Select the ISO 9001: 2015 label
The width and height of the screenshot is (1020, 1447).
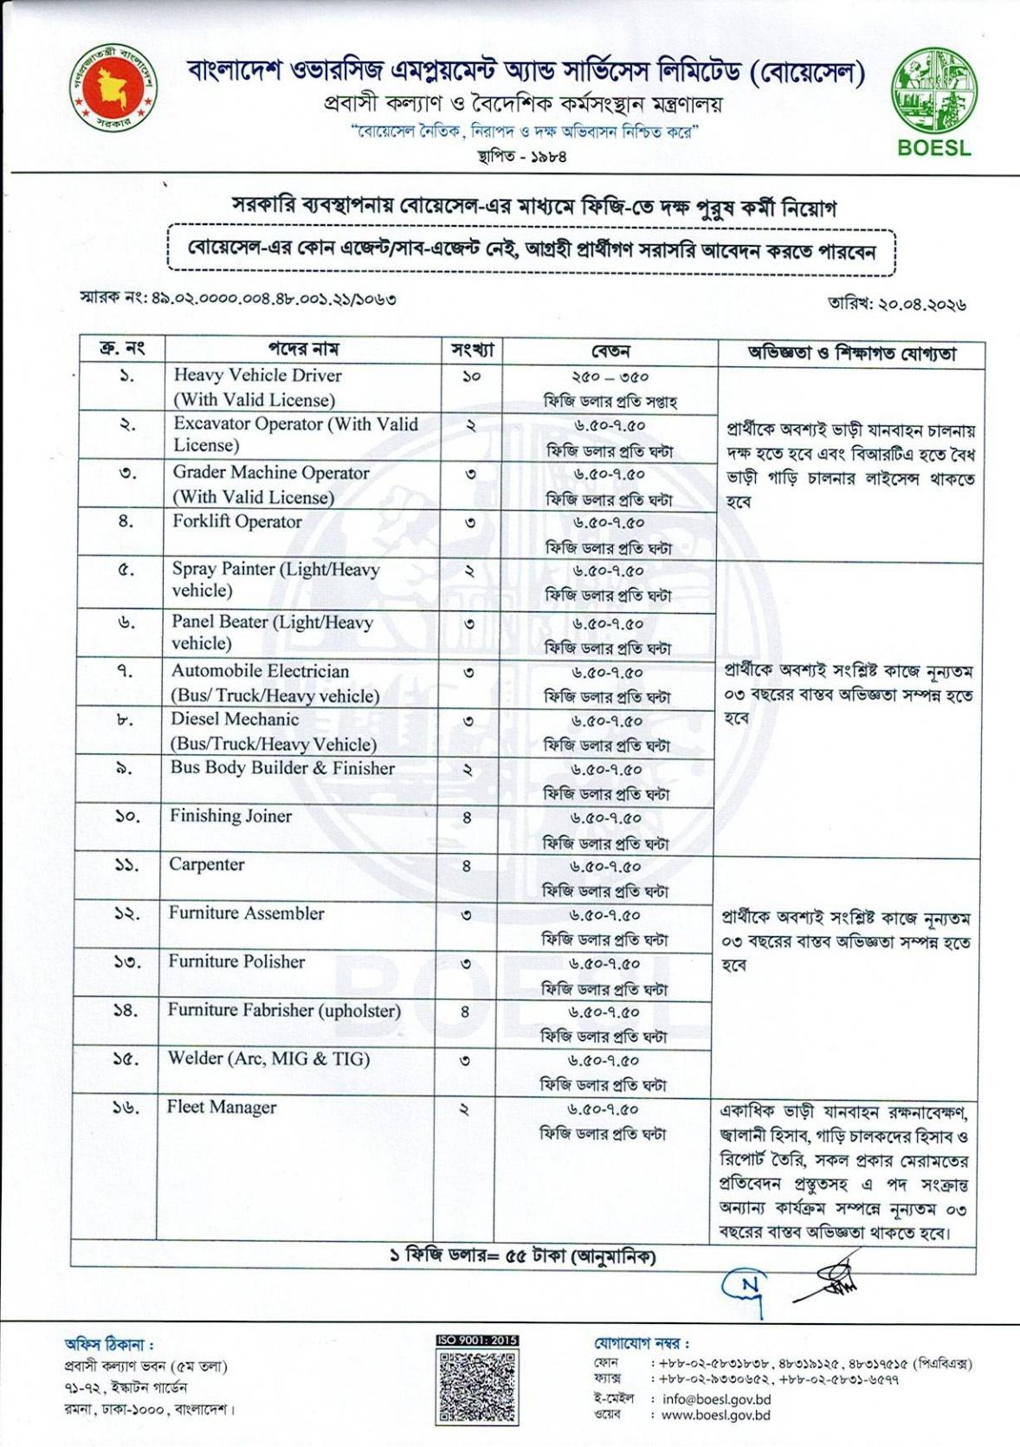coord(477,1340)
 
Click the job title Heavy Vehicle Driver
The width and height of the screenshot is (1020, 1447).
coord(257,376)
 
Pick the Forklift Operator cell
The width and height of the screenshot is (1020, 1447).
coord(236,521)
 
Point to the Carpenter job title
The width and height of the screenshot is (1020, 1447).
coord(206,864)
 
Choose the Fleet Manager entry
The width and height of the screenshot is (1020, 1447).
coord(221,1107)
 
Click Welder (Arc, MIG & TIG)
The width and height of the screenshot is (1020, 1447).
coord(268,1058)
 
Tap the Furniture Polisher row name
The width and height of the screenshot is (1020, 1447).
coord(236,961)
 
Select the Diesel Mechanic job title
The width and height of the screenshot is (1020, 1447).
coord(235,719)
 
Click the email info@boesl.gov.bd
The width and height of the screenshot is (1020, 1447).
coord(716,1399)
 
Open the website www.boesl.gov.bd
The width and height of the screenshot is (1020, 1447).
coord(715,1415)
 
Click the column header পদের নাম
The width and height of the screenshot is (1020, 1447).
coord(303,349)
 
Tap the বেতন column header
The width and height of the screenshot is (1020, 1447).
coord(610,351)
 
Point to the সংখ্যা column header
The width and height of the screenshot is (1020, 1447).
coord(472,350)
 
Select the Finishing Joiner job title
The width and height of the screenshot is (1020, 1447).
coord(230,816)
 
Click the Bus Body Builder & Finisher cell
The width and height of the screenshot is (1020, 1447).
coord(282,768)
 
